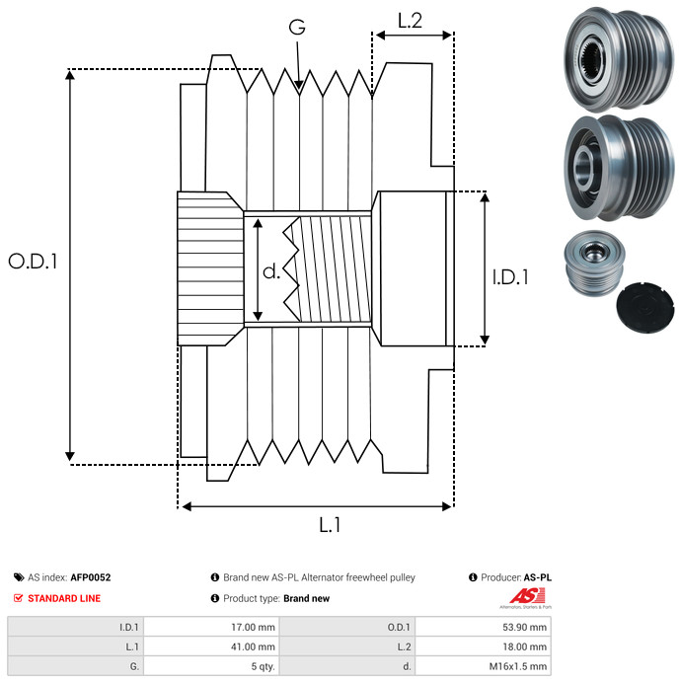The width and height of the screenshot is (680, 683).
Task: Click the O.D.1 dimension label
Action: pyautogui.click(x=33, y=263)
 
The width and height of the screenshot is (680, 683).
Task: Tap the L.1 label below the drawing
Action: pyautogui.click(x=330, y=526)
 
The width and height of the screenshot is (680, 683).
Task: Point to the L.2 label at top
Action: pyautogui.click(x=410, y=20)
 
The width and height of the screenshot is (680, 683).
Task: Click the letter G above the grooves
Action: pyautogui.click(x=296, y=28)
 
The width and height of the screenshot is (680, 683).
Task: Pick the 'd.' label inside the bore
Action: pyautogui.click(x=271, y=272)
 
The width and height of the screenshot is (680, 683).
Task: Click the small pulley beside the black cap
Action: pyautogui.click(x=589, y=263)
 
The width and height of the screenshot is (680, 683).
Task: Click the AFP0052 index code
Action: pyautogui.click(x=90, y=577)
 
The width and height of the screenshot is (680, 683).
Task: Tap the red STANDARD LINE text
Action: pyautogui.click(x=64, y=598)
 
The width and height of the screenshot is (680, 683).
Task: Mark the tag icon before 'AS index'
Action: pyautogui.click(x=18, y=577)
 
